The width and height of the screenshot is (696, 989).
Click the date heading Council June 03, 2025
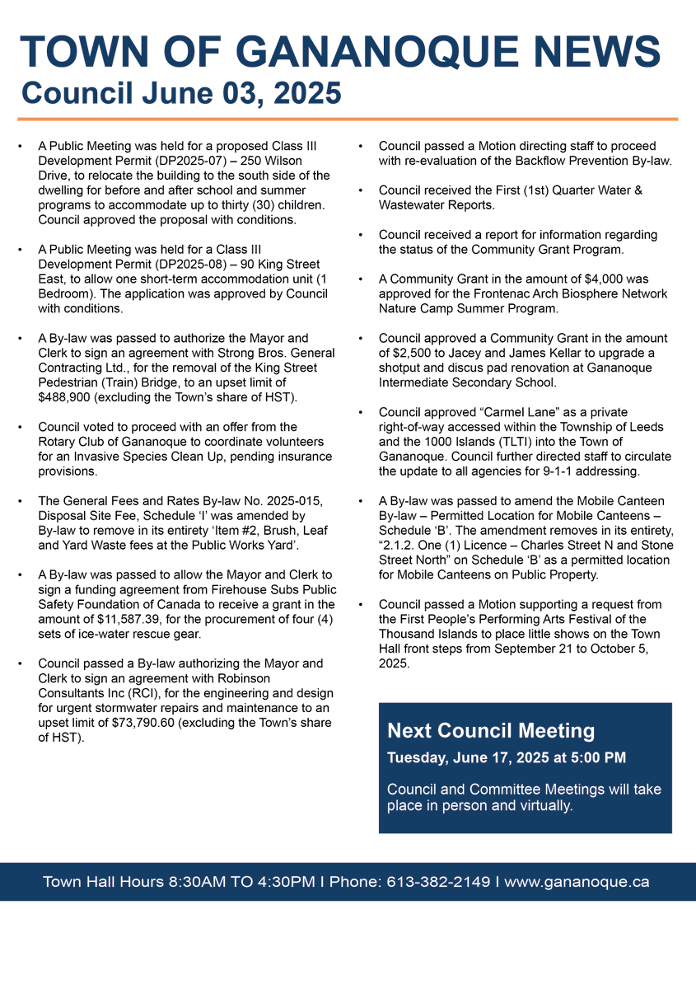(181, 93)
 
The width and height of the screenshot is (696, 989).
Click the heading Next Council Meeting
(491, 731)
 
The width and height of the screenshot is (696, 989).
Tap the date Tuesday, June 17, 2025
(469, 757)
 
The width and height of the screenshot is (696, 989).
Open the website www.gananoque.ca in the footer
(577, 882)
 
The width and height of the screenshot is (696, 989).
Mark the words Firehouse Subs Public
(269, 589)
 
